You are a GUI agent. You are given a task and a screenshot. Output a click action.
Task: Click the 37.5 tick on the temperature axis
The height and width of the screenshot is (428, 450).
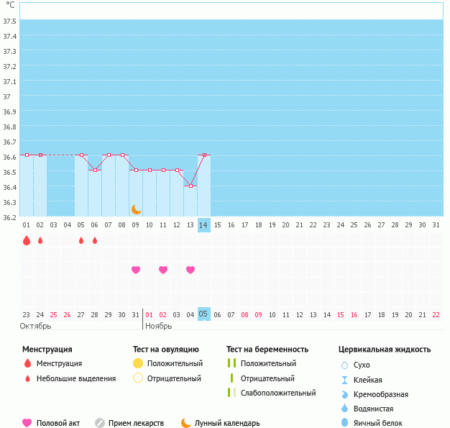(x=9, y=21)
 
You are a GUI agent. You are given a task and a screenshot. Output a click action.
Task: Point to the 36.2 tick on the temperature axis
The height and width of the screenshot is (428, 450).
(x=9, y=217)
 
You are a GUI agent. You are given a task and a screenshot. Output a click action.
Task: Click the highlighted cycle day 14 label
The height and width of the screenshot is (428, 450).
(x=204, y=225)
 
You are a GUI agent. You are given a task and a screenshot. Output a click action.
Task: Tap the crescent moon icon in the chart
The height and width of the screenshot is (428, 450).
(x=136, y=209)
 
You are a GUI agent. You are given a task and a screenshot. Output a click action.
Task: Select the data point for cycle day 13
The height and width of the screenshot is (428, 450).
(x=190, y=186)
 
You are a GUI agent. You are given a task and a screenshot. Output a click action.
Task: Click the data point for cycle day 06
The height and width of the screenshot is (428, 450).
(x=95, y=170)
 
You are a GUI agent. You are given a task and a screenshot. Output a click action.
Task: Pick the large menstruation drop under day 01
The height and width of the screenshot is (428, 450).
(x=27, y=240)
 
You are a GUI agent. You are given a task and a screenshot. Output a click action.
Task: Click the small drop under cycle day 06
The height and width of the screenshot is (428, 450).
(x=95, y=240)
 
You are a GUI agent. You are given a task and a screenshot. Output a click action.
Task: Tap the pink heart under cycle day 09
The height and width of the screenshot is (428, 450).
(x=136, y=270)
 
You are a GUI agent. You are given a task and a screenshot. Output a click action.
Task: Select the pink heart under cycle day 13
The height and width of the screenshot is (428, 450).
(x=190, y=270)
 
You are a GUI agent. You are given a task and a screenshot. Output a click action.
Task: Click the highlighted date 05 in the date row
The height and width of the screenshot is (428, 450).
(x=204, y=314)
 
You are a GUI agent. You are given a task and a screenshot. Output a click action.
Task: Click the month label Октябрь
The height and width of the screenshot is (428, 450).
(x=36, y=326)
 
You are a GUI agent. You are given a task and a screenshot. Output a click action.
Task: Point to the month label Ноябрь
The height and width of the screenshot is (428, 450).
(x=159, y=326)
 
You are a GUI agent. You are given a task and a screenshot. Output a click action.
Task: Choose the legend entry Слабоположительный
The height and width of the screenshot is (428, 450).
(x=278, y=393)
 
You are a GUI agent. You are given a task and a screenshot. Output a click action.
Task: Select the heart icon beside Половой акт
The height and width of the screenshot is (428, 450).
(x=27, y=423)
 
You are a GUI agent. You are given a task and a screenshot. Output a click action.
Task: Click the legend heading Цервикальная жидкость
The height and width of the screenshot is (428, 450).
(x=385, y=350)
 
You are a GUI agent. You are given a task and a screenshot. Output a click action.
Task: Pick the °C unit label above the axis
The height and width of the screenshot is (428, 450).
(x=10, y=5)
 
